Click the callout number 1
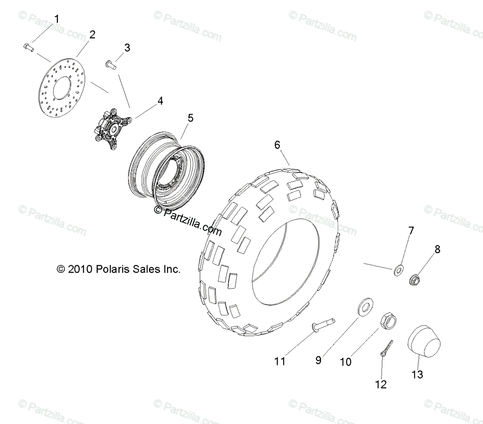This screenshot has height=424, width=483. click(x=56, y=19)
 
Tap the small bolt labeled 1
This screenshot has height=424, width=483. click(x=28, y=47)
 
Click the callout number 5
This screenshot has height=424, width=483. click(x=190, y=118)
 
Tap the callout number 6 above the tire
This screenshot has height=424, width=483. click(x=277, y=145)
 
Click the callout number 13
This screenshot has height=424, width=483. click(x=417, y=375)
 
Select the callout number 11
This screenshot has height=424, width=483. click(x=280, y=361)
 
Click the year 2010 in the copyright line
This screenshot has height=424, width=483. click(x=81, y=269)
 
